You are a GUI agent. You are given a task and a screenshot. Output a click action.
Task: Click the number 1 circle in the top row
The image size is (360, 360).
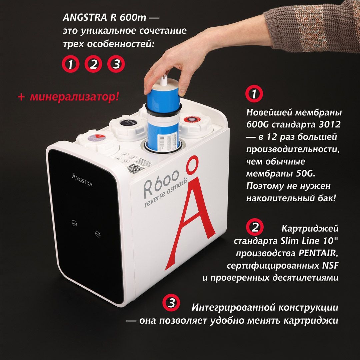click(71, 64)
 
